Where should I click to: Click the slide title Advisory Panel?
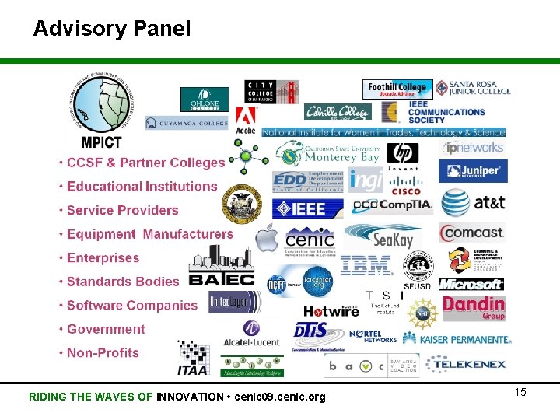tap(111, 30)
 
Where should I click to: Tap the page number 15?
tap(520, 392)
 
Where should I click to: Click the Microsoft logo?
tap(471, 284)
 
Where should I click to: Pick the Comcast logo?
tap(472, 233)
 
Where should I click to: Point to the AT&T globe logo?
tap(457, 203)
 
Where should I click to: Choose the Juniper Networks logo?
tap(473, 171)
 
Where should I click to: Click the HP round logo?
tap(402, 152)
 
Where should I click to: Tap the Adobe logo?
tap(246, 119)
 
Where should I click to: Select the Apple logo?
tap(267, 237)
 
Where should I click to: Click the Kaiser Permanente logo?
tap(465, 339)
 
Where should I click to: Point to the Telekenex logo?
tap(467, 363)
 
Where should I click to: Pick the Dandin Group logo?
tap(474, 307)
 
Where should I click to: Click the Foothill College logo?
tap(397, 88)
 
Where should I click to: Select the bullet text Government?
tap(106, 329)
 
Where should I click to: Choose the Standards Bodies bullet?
tap(122, 282)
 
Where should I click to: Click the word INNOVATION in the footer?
tap(190, 397)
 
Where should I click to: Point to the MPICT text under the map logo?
tap(101, 142)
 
